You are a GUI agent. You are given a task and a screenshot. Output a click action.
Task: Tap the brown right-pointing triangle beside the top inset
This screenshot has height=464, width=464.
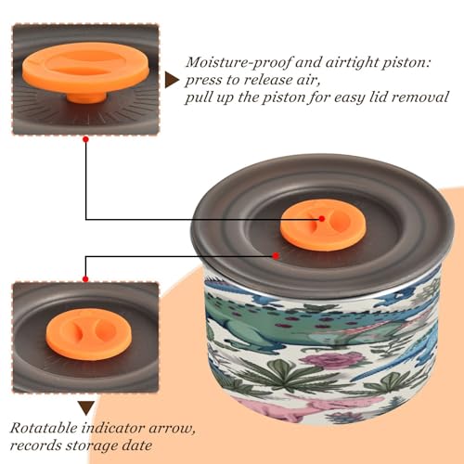172,81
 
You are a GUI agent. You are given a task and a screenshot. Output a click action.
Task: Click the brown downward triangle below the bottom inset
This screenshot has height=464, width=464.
86,408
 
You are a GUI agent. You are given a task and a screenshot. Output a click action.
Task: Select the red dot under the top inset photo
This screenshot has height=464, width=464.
86,139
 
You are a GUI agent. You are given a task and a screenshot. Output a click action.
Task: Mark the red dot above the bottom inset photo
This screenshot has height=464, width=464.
85,279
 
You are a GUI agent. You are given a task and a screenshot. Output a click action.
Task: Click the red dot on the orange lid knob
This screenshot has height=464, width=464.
322,219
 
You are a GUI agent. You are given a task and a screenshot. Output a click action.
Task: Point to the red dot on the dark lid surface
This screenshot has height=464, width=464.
276,256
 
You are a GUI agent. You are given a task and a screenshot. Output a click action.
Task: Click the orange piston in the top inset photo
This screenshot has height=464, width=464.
86,71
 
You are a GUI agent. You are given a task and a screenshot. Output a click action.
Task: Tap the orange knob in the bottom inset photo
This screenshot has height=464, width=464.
89,334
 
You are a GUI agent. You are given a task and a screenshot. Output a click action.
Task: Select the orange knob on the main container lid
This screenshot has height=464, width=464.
323,226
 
